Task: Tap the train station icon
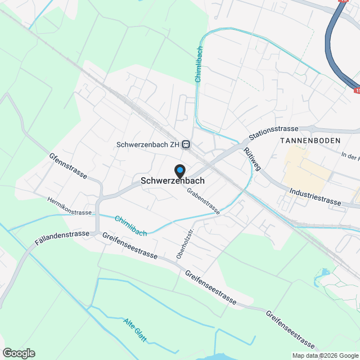187,144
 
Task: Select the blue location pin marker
179,170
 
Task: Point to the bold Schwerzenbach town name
172,181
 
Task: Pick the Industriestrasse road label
316,196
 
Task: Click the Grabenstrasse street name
204,201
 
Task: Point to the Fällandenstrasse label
61,237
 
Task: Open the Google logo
18,353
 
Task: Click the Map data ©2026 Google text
325,355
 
